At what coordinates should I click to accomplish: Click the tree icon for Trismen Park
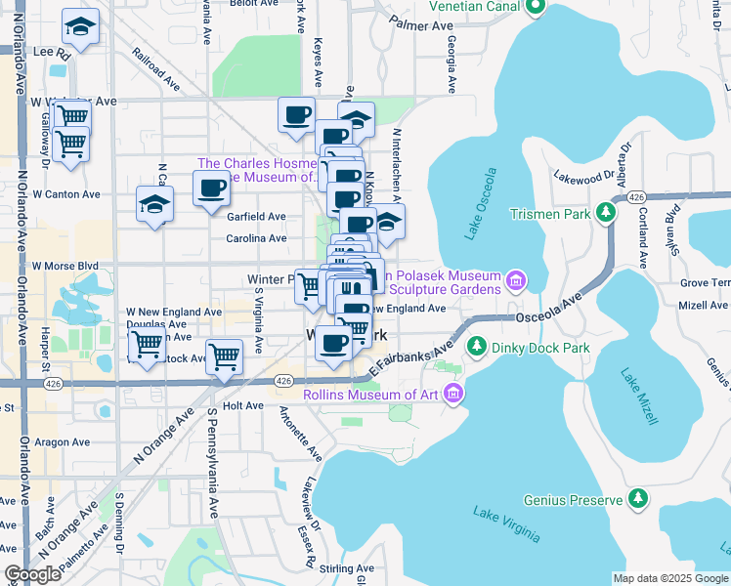pos(607,212)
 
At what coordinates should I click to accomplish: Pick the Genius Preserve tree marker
pos(638,500)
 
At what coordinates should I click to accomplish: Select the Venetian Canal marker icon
pos(534,9)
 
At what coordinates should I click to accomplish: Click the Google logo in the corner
pos(32,574)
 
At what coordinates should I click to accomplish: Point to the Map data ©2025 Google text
pos(669,578)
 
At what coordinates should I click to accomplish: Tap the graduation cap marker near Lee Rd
pos(80,26)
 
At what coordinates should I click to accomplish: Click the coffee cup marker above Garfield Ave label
pos(210,188)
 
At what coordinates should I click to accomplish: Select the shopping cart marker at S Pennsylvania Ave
pos(225,356)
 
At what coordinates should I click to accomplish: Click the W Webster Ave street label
pos(73,101)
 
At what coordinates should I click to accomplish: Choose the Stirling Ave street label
pos(351,567)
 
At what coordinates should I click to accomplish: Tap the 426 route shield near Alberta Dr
pos(636,197)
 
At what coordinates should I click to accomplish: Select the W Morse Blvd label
pos(65,265)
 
